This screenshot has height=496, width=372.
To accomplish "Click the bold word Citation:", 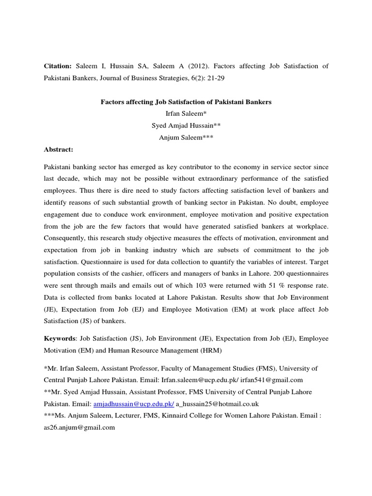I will [58, 65].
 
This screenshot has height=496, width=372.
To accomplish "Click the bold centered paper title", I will [186, 102].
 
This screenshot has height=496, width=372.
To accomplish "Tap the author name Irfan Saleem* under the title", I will [186, 113].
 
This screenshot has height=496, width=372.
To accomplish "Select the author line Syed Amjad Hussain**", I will [186, 124].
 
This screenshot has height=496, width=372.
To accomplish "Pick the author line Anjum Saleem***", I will [186, 137].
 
